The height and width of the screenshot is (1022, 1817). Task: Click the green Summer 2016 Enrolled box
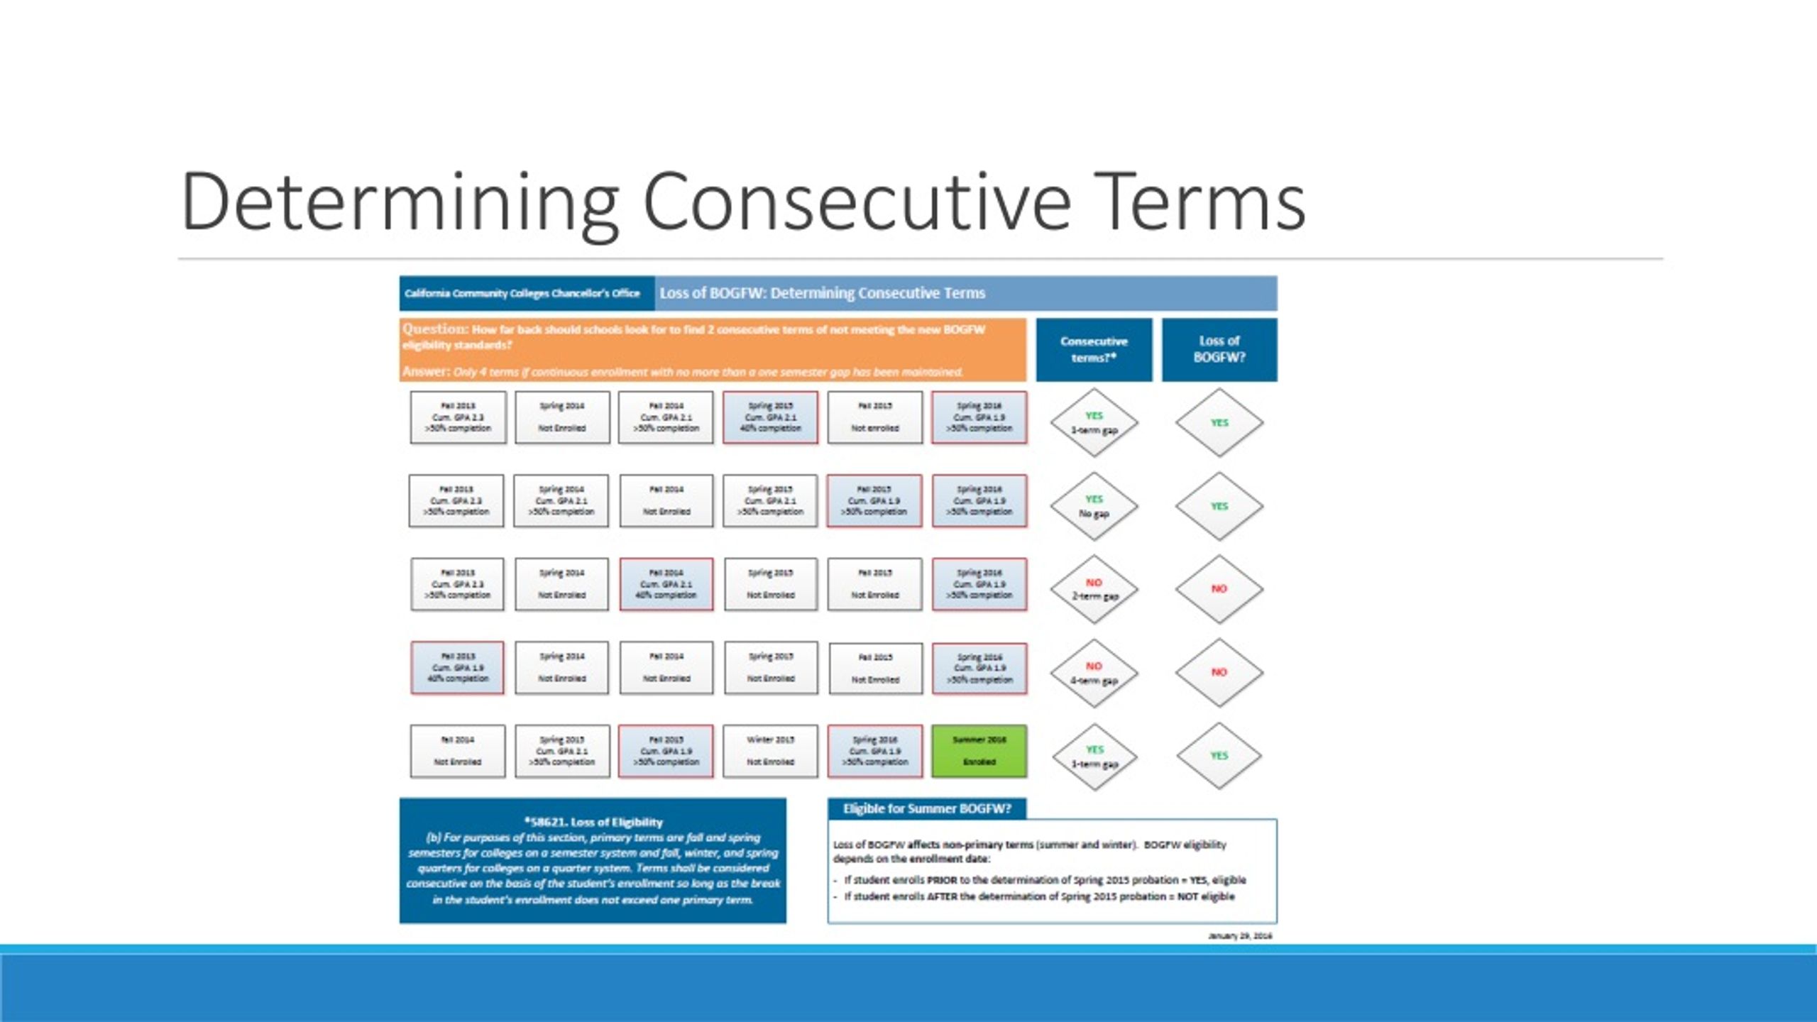click(979, 750)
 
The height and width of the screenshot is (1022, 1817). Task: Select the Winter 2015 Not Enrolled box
click(770, 750)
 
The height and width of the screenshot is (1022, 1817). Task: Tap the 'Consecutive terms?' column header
click(1093, 349)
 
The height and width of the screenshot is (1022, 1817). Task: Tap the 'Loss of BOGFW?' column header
click(1219, 349)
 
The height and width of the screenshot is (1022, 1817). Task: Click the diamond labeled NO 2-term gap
click(1094, 589)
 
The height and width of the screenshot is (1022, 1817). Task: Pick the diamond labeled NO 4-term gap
click(1094, 673)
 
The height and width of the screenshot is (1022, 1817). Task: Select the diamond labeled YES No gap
click(1094, 506)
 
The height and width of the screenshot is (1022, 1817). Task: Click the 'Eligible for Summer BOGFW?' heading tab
click(926, 808)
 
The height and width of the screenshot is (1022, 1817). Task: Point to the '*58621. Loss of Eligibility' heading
click(593, 822)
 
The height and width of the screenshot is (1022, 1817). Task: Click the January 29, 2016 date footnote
click(1239, 936)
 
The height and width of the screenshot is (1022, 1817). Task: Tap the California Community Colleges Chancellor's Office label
click(522, 293)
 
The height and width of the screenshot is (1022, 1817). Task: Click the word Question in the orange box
click(434, 329)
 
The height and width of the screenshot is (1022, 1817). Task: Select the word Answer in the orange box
click(425, 371)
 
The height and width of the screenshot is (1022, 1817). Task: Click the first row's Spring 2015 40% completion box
click(770, 417)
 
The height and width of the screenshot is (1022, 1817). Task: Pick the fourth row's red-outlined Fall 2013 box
click(458, 667)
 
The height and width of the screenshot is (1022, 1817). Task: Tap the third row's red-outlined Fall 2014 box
click(666, 584)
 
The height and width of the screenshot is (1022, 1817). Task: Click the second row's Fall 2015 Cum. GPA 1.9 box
click(874, 500)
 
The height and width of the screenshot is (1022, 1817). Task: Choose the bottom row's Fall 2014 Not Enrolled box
click(458, 750)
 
